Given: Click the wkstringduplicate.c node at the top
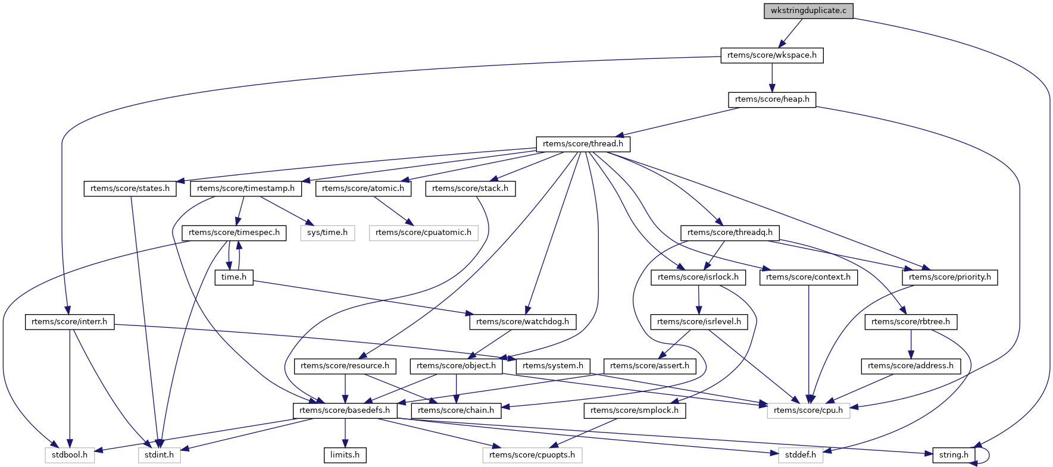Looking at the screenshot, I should (808, 11).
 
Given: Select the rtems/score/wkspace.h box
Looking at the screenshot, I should (772, 55).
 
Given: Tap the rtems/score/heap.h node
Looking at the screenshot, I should (772, 99).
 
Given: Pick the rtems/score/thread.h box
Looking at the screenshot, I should (583, 144).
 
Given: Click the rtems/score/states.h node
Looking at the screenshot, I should (130, 189).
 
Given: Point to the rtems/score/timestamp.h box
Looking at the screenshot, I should (246, 189).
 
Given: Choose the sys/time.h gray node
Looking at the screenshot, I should (327, 233).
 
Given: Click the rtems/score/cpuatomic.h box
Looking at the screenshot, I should (423, 233).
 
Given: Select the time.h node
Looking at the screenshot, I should (234, 277).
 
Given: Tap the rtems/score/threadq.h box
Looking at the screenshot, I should (730, 233).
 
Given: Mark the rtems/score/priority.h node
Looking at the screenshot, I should (949, 277).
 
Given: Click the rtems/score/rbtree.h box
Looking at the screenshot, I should (911, 322).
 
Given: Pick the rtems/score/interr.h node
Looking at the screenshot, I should (70, 322).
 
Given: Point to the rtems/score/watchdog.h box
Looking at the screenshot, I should (523, 322).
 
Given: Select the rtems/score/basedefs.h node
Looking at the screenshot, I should (345, 410).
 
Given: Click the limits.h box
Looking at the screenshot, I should (345, 455).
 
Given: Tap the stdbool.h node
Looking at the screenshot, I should (70, 455).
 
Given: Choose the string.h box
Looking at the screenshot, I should (954, 455).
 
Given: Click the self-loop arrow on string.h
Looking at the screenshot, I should (988, 455).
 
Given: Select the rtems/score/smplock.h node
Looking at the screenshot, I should (635, 410).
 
